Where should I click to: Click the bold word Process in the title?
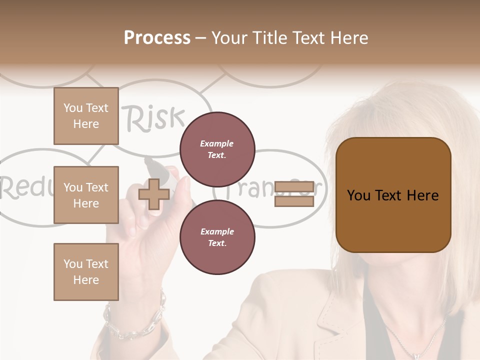(x=157, y=38)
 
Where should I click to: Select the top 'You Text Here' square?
(x=86, y=116)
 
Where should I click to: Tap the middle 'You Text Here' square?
(x=86, y=195)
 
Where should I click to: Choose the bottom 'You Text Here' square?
(x=86, y=272)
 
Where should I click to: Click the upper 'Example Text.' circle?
(x=217, y=149)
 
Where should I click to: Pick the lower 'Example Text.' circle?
(x=217, y=237)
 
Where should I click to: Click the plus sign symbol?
(x=153, y=194)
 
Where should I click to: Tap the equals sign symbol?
(x=294, y=194)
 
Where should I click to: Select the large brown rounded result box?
(x=393, y=195)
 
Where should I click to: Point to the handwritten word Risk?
(x=154, y=118)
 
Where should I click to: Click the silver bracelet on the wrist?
(x=135, y=320)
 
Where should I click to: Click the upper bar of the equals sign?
(x=294, y=187)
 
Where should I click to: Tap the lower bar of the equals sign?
(x=294, y=201)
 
